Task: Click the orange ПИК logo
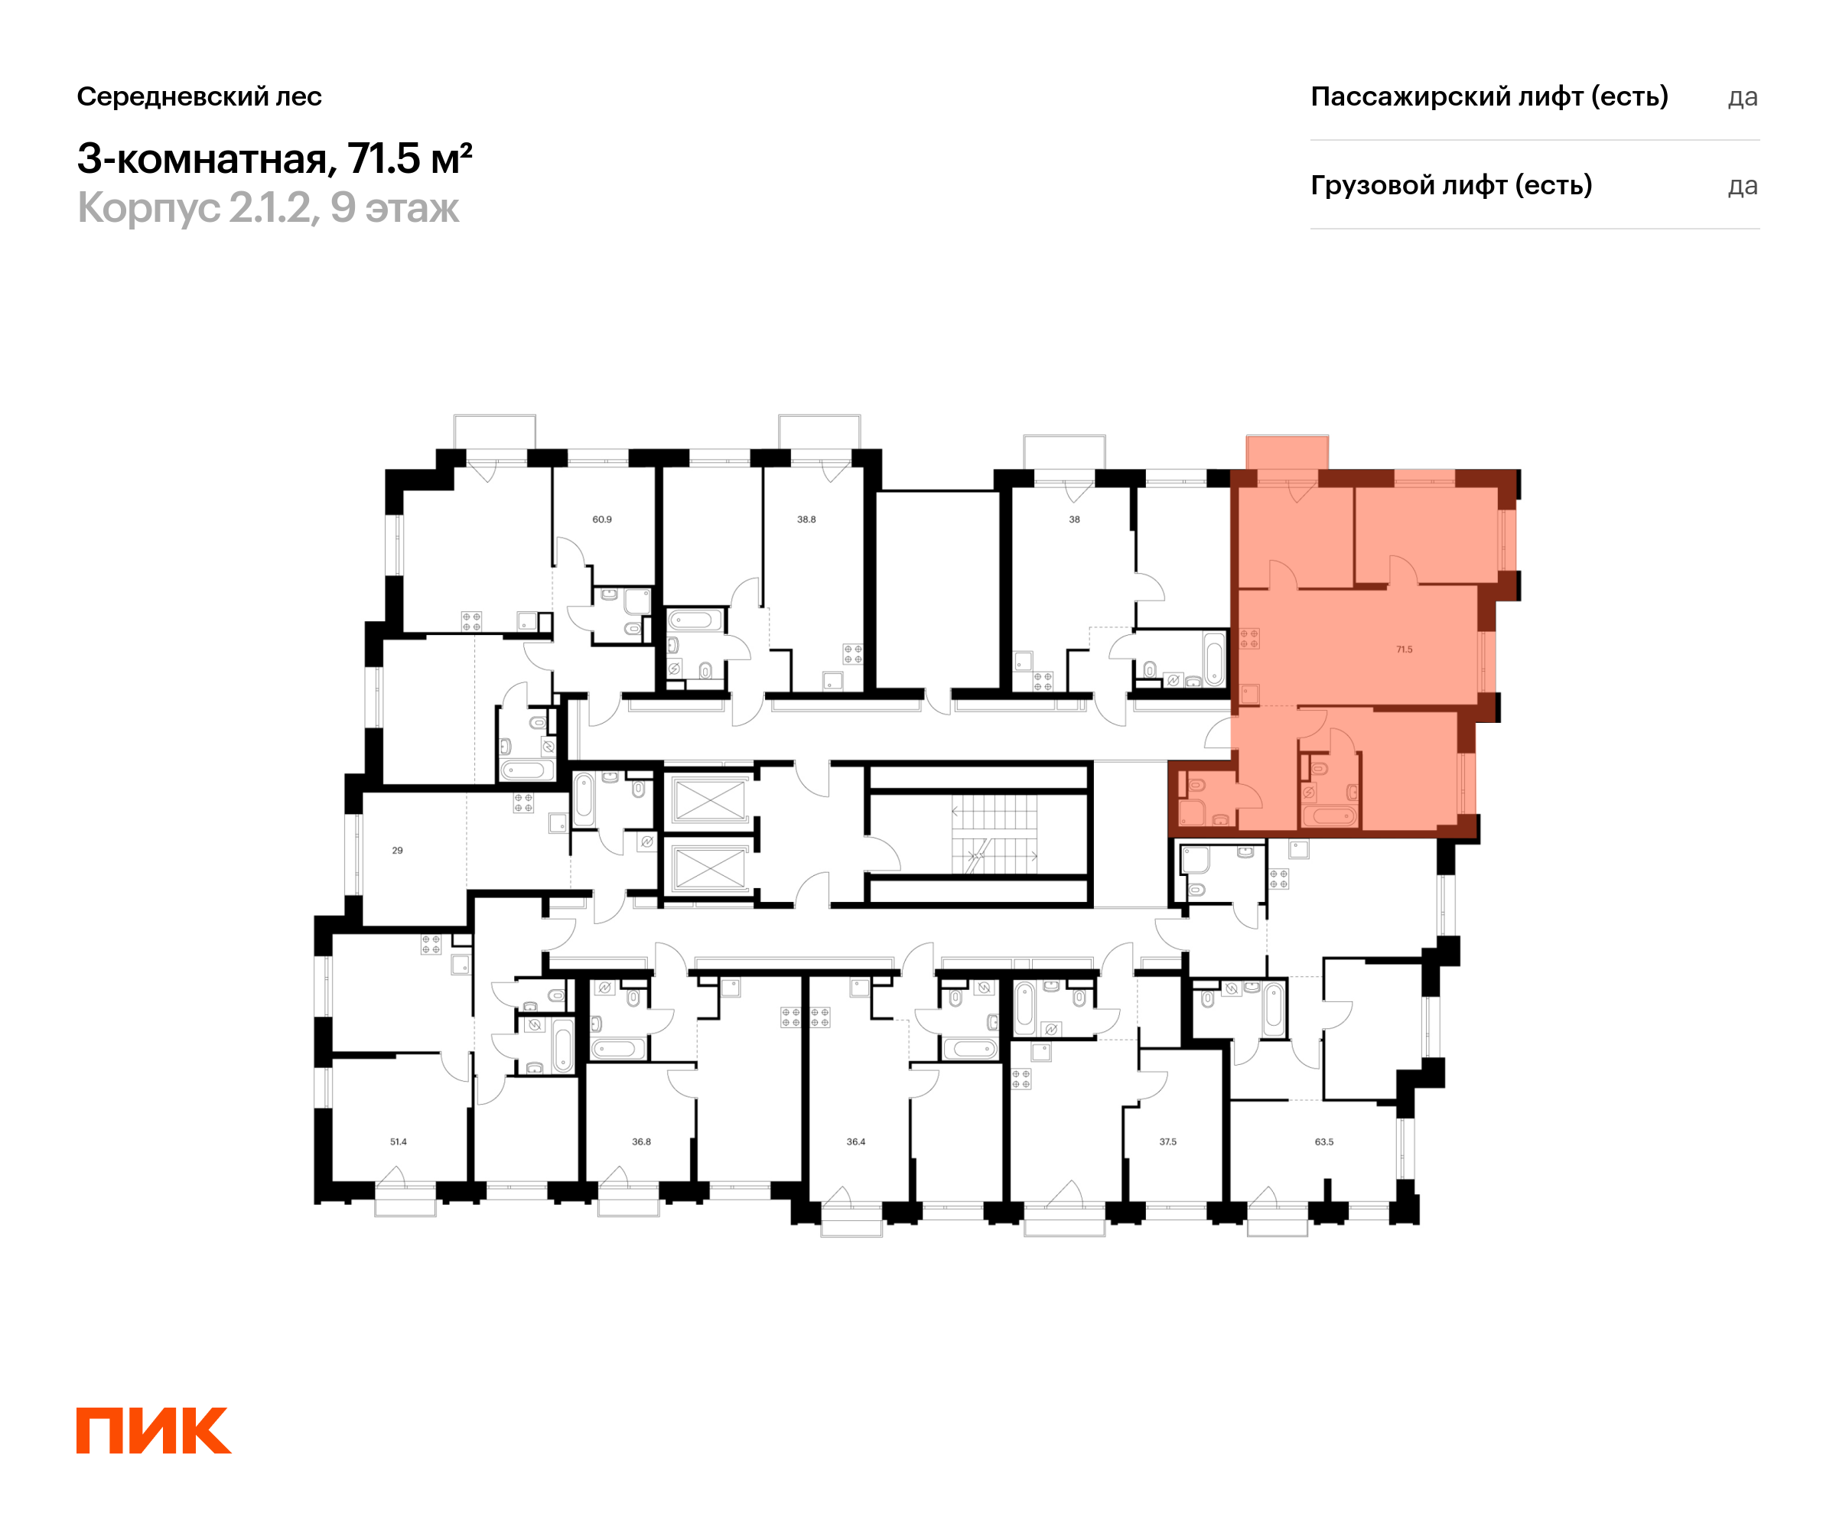pyautogui.click(x=154, y=1431)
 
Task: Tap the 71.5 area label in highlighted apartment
pyautogui.click(x=1404, y=649)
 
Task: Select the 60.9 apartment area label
pyautogui.click(x=602, y=519)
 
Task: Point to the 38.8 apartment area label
pyautogui.click(x=806, y=519)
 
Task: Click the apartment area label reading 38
pyautogui.click(x=1075, y=519)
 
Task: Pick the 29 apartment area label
pyautogui.click(x=398, y=851)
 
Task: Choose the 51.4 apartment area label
pyautogui.click(x=399, y=1142)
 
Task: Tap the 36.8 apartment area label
pyautogui.click(x=642, y=1142)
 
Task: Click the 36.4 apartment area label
pyautogui.click(x=856, y=1142)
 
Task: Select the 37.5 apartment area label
pyautogui.click(x=1168, y=1142)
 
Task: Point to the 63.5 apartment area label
pyautogui.click(x=1324, y=1142)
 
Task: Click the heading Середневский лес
pyautogui.click(x=200, y=96)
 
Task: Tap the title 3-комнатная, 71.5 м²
pyautogui.click(x=275, y=158)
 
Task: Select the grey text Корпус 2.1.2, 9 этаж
pyautogui.click(x=269, y=208)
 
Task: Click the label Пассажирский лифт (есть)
pyautogui.click(x=1489, y=96)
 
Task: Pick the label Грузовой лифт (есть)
pyautogui.click(x=1451, y=185)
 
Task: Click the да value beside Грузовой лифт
pyautogui.click(x=1743, y=186)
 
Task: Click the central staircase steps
pyautogui.click(x=994, y=834)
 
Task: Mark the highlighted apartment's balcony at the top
pyautogui.click(x=1287, y=453)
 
